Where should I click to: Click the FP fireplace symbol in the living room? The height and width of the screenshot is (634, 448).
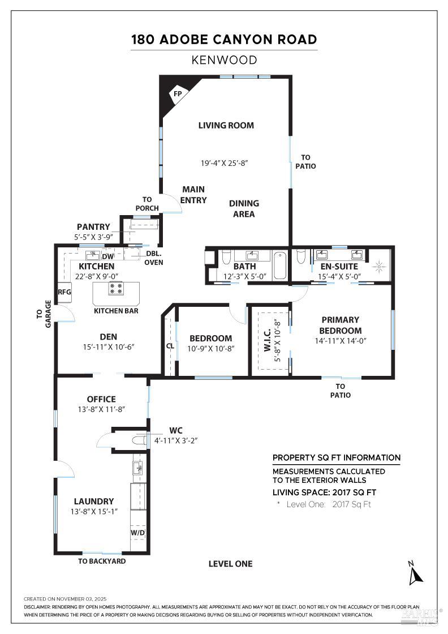click(x=176, y=92)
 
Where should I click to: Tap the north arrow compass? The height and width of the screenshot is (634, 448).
click(x=416, y=573)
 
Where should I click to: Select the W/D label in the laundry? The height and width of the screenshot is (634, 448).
click(x=137, y=533)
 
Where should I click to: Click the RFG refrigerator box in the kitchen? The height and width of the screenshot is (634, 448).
click(x=64, y=292)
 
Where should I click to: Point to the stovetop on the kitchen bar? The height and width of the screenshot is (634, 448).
click(x=117, y=289)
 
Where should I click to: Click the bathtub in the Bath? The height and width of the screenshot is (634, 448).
click(x=281, y=265)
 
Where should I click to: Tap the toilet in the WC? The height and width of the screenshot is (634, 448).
click(x=138, y=440)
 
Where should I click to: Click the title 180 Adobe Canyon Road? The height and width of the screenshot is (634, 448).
click(x=224, y=40)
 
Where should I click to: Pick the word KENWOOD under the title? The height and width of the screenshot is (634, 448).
click(x=224, y=60)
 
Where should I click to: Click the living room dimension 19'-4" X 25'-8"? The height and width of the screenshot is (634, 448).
click(x=225, y=163)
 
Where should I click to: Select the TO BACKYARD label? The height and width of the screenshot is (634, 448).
click(x=102, y=561)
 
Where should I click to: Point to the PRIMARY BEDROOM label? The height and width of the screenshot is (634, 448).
click(x=340, y=325)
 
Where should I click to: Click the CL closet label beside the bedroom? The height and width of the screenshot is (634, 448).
click(x=170, y=346)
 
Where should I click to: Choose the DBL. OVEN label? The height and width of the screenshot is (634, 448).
click(x=153, y=258)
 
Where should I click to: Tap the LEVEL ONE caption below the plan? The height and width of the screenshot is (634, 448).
click(x=230, y=564)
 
